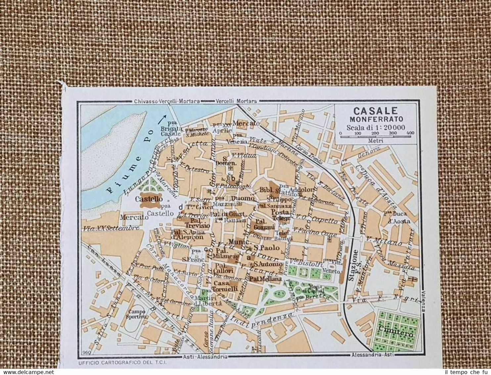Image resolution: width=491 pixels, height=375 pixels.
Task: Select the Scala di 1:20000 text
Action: pyautogui.click(x=376, y=128)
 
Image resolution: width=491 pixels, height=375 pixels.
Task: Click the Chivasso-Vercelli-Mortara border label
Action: pyautogui.click(x=167, y=101)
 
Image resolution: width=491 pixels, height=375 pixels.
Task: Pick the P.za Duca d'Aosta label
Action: pyautogui.click(x=397, y=218)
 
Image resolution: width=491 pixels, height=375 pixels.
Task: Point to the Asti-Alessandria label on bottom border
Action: pyautogui.click(x=205, y=357)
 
